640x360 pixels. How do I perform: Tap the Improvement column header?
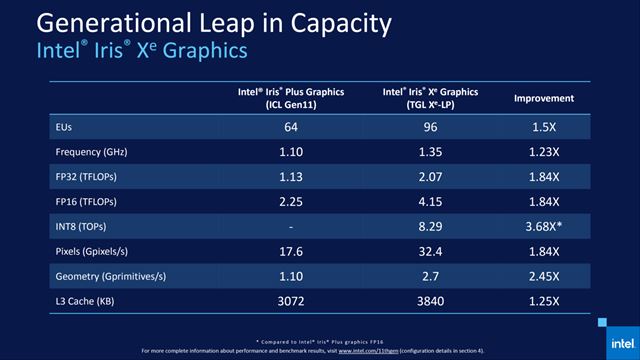coord(543,98)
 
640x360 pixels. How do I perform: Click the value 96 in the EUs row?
coord(429,129)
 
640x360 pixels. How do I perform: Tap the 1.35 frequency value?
coord(429,154)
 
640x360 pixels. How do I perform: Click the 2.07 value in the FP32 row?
coord(429,179)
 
